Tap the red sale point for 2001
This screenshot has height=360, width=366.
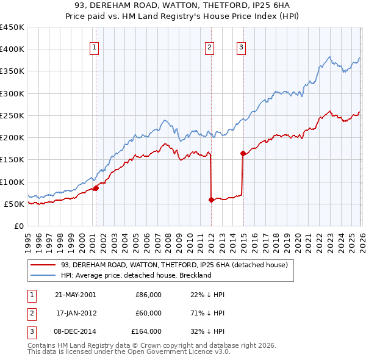coord(96,188)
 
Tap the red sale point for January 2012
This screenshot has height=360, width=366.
coord(211,200)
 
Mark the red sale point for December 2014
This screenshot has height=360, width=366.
coord(243,153)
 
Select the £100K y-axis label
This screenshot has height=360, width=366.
coord(12,182)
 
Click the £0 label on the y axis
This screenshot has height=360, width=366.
coord(19,226)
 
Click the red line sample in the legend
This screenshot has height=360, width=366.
coord(43,265)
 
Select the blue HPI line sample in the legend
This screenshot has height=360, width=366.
coord(43,275)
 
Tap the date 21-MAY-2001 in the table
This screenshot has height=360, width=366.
coord(75,295)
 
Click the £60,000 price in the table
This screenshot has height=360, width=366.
coord(148,313)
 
